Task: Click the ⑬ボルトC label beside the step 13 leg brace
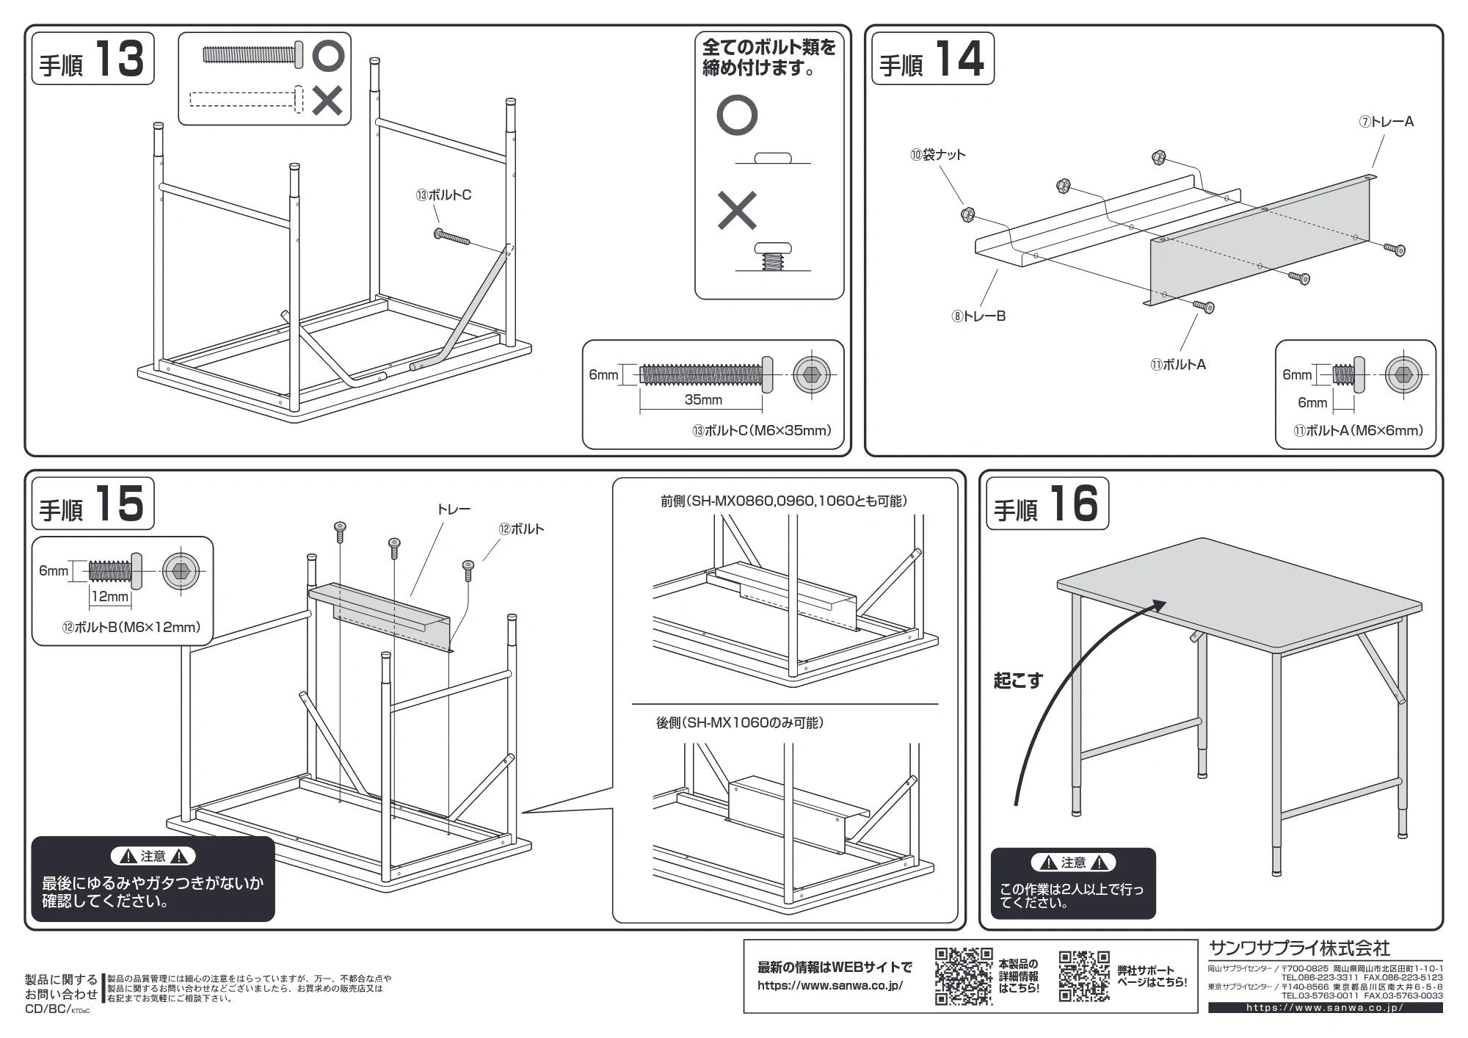(443, 195)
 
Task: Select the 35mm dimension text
(703, 400)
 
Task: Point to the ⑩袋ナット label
(938, 155)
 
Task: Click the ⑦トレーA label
(1386, 122)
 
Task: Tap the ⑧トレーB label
(978, 316)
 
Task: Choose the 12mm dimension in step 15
(109, 597)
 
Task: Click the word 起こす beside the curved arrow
(1018, 680)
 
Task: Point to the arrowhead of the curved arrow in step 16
(1158, 606)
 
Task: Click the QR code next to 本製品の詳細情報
(964, 976)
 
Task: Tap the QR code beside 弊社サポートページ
(1084, 976)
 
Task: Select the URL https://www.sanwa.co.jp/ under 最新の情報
(830, 986)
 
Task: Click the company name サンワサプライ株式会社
(1299, 948)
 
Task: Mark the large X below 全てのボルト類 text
(737, 211)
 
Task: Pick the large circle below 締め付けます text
(737, 115)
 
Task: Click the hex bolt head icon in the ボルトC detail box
(811, 375)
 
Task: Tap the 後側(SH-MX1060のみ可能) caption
(740, 723)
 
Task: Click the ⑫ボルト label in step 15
(521, 529)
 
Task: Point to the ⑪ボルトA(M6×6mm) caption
(1358, 431)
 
